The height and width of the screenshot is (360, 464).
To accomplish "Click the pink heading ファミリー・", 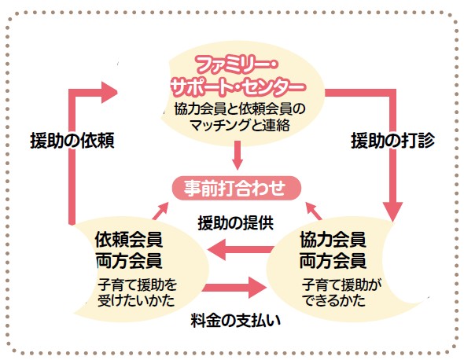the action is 236,65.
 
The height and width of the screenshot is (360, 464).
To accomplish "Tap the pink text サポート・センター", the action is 238,86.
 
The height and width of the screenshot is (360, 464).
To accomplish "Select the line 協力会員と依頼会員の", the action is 239,108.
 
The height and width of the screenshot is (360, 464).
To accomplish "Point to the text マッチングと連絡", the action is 240,126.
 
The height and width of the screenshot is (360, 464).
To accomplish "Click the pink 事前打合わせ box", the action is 237,188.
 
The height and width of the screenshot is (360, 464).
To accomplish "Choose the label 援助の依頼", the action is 72,141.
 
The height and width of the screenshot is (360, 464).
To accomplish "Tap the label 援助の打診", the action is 393,141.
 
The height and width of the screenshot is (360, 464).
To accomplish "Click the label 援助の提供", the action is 236,222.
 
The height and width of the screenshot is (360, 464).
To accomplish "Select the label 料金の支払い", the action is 236,320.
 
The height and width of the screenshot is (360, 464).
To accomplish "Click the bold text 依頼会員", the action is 129,239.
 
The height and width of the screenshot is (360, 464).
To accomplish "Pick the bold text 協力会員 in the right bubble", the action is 333,239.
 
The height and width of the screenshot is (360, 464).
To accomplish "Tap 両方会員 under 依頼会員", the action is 129,261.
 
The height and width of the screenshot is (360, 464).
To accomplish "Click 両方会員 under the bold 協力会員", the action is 333,261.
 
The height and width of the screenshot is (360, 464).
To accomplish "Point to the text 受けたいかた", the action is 136,300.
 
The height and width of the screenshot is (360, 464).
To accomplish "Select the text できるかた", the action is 333,300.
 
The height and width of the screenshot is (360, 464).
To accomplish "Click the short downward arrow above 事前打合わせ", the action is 238,155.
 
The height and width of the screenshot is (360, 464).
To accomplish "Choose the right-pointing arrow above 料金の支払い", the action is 234,288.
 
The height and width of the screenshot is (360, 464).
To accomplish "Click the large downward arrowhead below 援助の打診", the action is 392,211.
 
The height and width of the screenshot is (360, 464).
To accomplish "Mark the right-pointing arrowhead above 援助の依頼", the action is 109,92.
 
